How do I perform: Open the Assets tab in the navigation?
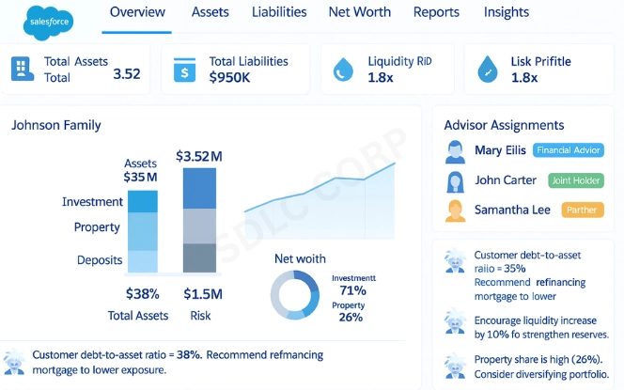(210, 12)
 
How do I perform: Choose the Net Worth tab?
(359, 12)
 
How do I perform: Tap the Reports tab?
(436, 12)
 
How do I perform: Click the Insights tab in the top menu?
(506, 12)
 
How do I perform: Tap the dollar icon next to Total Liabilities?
(185, 69)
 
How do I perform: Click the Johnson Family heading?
(55, 124)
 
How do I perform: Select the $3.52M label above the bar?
(201, 156)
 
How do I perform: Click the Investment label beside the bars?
(92, 202)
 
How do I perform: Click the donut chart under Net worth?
(296, 294)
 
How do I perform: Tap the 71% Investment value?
(351, 291)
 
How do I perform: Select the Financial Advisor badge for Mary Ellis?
(568, 150)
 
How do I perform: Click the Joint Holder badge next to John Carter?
(569, 179)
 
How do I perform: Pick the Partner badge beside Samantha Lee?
(583, 210)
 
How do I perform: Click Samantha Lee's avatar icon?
(456, 210)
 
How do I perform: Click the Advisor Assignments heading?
(504, 124)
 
